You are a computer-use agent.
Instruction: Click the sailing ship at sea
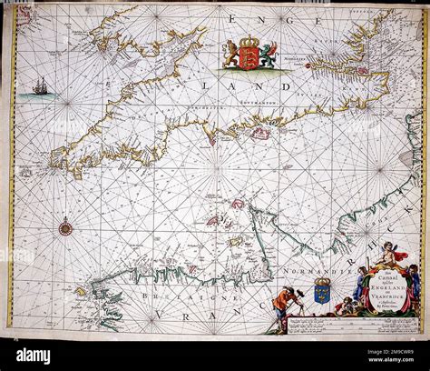coord(40,87)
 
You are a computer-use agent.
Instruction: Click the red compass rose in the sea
coord(65,227)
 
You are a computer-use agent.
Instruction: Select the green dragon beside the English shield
coord(268,55)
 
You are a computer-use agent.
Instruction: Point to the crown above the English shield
coord(249,42)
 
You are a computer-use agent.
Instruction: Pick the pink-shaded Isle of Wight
coord(260,134)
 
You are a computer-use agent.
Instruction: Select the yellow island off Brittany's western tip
coord(80,292)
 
